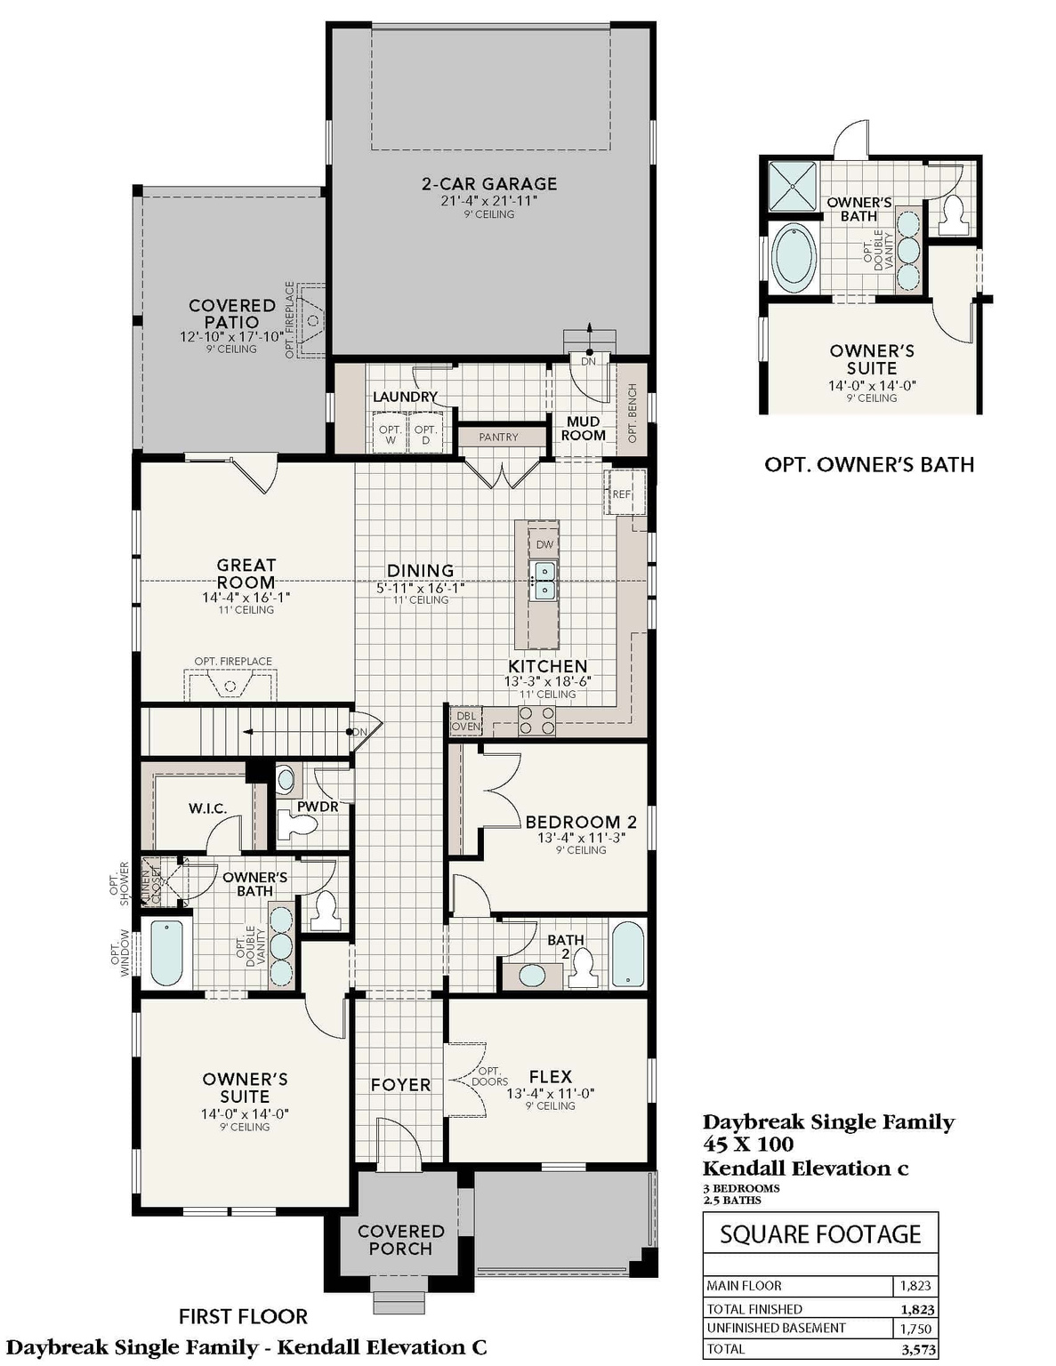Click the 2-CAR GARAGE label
point(488,184)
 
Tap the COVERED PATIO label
point(232,314)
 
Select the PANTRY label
point(498,437)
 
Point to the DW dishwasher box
point(544,544)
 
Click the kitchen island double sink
point(544,580)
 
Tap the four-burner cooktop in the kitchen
point(536,720)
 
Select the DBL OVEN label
point(465,720)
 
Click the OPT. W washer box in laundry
point(390,435)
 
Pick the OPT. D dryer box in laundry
point(426,435)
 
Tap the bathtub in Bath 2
point(627,953)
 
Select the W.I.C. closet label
point(208,808)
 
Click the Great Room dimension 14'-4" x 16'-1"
point(246,598)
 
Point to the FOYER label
point(400,1085)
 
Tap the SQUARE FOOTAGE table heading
point(820,1234)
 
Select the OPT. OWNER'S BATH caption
point(869,464)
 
